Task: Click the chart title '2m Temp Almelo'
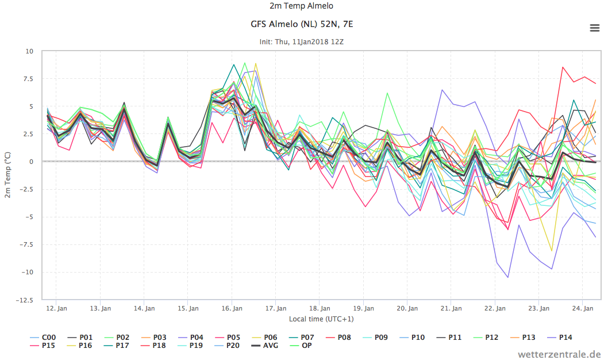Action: click(301, 6)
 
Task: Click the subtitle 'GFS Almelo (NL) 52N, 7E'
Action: click(302, 24)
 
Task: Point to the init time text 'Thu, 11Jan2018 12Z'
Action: click(309, 41)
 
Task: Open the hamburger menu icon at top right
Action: click(594, 28)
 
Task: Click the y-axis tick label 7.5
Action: click(28, 79)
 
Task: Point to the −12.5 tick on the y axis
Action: click(25, 300)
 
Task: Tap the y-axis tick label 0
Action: click(32, 162)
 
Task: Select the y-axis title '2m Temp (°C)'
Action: click(7, 175)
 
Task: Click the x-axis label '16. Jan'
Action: click(232, 308)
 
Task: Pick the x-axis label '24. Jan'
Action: click(583, 308)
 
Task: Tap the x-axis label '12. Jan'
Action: click(56, 308)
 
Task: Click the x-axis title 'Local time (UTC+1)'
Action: click(321, 319)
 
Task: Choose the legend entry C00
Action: click(43, 338)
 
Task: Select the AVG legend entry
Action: click(265, 345)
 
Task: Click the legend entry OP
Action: click(301, 345)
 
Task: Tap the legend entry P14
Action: click(560, 338)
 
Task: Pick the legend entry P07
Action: click(301, 338)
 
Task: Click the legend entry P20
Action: click(227, 345)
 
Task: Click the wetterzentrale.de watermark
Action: click(559, 354)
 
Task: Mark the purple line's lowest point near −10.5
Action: click(507, 277)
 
